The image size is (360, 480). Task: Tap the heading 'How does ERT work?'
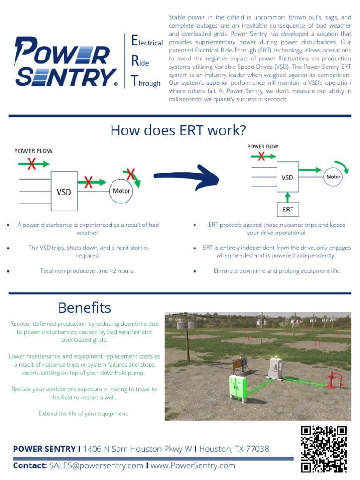(x=178, y=130)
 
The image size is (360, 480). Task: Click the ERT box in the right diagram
(x=288, y=209)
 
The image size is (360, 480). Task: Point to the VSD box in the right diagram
(x=287, y=178)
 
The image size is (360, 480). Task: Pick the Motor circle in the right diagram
(x=333, y=177)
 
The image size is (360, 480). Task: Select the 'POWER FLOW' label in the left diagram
(x=33, y=151)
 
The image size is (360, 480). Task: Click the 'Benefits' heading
(x=84, y=307)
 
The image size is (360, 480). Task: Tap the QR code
(x=323, y=448)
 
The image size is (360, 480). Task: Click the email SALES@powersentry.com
(x=96, y=465)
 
